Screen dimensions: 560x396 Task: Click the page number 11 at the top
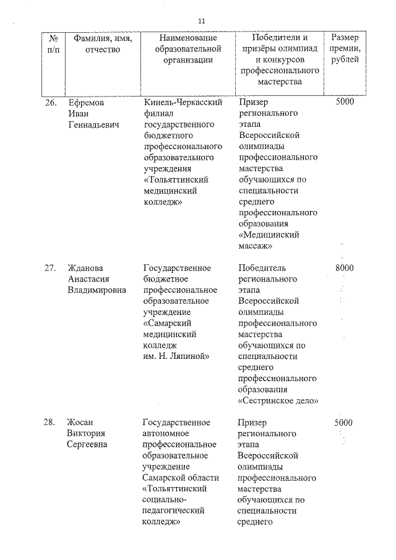click(x=201, y=21)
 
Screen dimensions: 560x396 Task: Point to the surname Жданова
click(x=86, y=268)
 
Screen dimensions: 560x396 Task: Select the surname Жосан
click(x=82, y=423)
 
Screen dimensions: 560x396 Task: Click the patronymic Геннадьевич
click(x=93, y=125)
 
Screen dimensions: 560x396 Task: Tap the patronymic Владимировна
click(x=97, y=290)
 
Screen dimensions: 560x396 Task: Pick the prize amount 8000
click(x=344, y=268)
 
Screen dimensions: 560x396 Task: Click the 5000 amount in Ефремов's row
click(x=344, y=102)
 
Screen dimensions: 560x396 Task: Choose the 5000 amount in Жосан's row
click(x=343, y=423)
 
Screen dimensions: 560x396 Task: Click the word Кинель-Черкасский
click(x=183, y=102)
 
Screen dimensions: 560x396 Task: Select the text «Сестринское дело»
click(x=278, y=400)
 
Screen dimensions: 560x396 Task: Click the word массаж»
click(x=256, y=246)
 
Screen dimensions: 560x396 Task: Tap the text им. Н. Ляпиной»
click(x=176, y=356)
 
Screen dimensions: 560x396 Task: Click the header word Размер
click(x=343, y=38)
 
